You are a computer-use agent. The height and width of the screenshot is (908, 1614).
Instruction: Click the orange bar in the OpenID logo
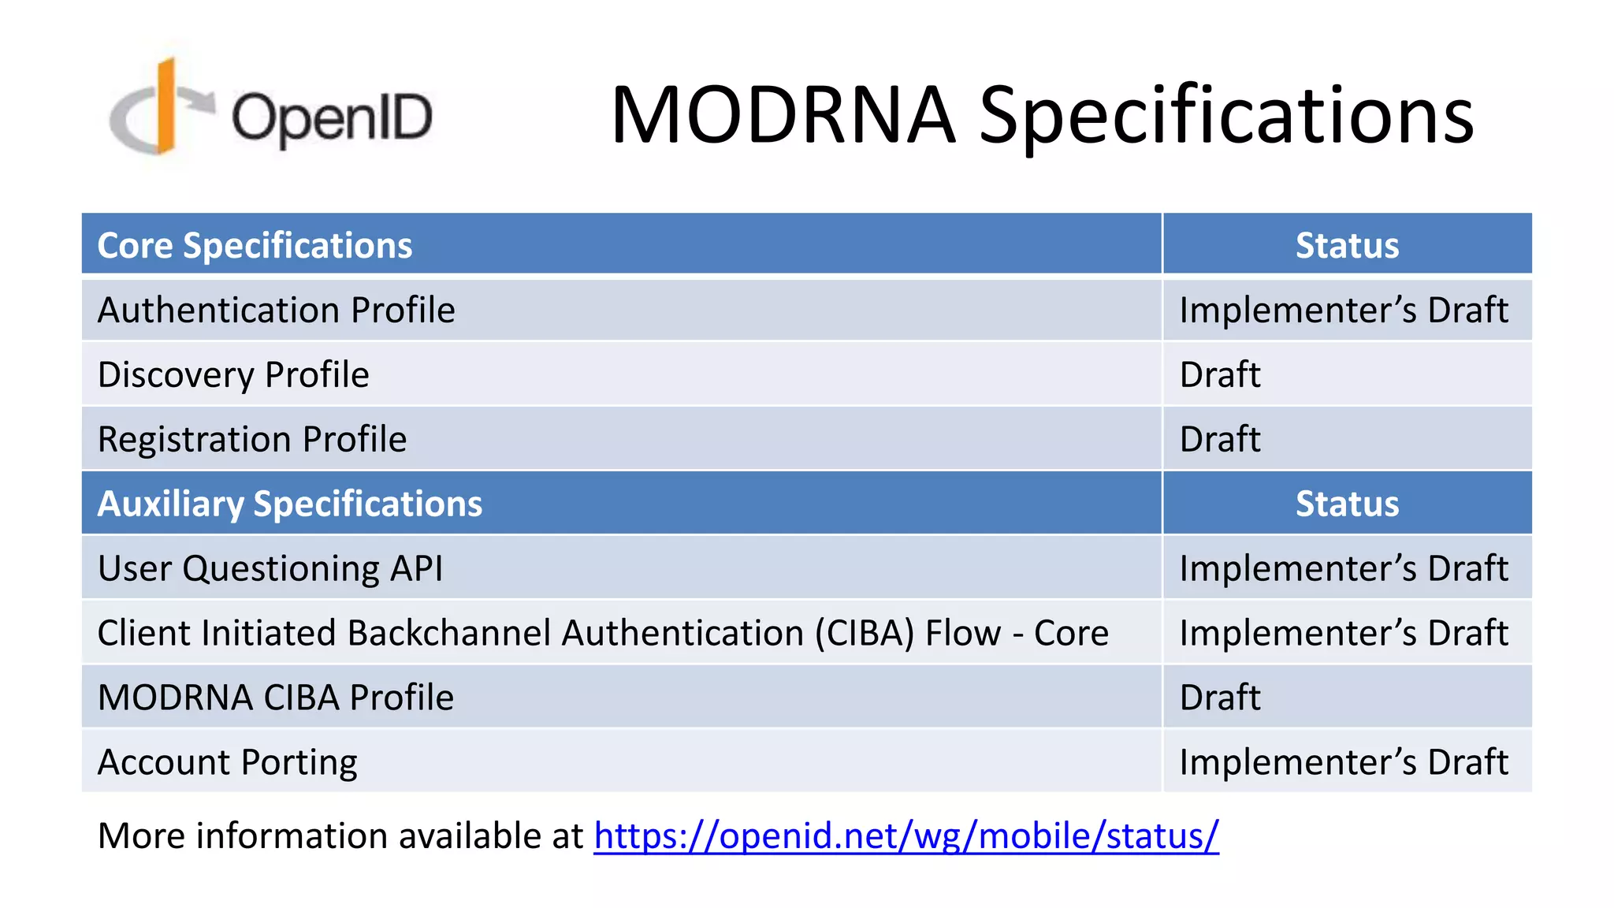(x=166, y=106)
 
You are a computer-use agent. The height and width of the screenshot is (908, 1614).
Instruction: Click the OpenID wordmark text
(x=332, y=118)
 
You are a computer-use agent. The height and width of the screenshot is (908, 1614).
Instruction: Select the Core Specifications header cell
(x=255, y=245)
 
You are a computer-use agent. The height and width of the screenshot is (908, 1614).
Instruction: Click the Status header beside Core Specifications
(x=1347, y=245)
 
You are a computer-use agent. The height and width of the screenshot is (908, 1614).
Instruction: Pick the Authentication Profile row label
(x=276, y=310)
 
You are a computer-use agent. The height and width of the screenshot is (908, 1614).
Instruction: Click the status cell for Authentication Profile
(x=1343, y=310)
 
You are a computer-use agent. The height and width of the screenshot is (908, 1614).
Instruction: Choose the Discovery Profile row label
(x=233, y=374)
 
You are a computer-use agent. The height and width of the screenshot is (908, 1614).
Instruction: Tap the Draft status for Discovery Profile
(x=1220, y=374)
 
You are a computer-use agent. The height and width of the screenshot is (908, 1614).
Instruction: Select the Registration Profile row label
(x=252, y=439)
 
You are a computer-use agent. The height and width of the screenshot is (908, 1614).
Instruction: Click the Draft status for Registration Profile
(x=1220, y=439)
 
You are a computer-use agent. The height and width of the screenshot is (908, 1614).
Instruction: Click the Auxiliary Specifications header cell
(x=289, y=504)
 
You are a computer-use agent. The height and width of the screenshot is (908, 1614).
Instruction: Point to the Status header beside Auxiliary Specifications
(x=1347, y=504)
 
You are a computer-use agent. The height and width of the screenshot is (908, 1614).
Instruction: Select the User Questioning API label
(x=270, y=568)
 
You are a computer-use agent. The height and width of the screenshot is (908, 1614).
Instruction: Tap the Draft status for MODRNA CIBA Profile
(x=1220, y=698)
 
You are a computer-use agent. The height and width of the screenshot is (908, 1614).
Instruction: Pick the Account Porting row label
(x=227, y=762)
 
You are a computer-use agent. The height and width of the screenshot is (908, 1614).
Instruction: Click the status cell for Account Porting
(x=1343, y=762)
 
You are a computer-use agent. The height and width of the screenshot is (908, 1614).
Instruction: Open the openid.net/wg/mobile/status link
(x=906, y=835)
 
